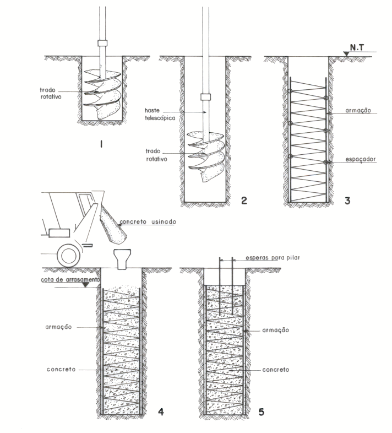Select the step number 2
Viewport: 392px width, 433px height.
(x=243, y=200)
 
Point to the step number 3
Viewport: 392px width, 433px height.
(x=347, y=200)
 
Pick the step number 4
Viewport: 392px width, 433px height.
(x=160, y=410)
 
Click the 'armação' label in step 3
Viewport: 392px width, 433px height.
(x=361, y=110)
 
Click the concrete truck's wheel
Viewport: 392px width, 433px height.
(x=68, y=255)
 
